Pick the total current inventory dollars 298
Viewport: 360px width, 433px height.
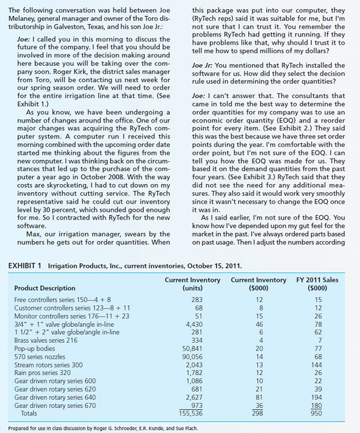[259, 413]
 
